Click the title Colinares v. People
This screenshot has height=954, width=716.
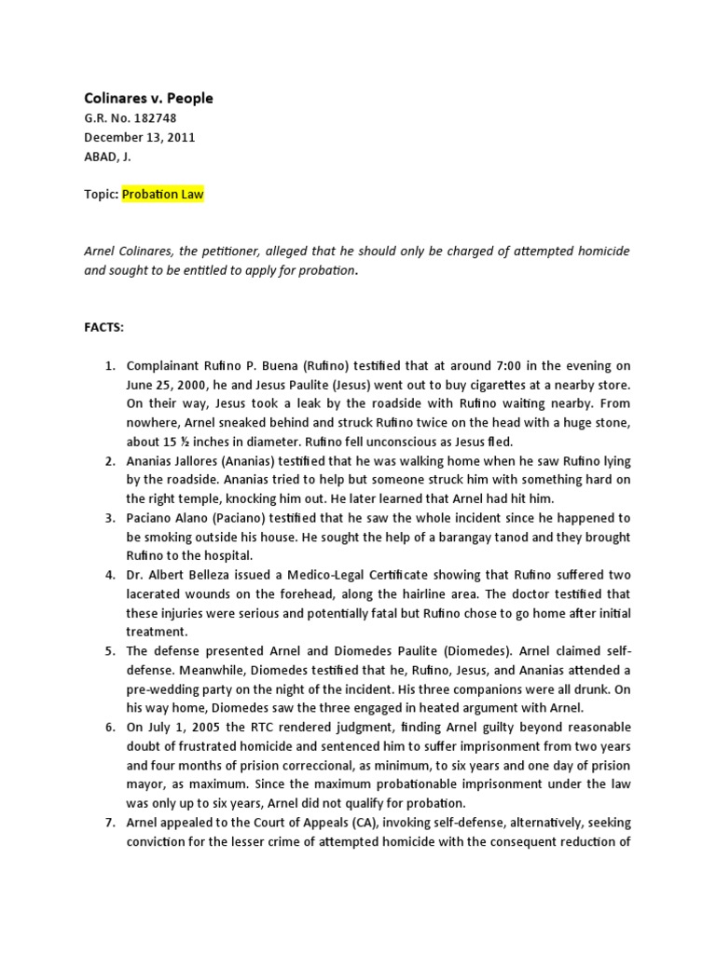[x=149, y=98]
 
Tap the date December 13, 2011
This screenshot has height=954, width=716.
[x=140, y=138]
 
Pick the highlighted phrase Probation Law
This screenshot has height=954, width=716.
[x=163, y=195]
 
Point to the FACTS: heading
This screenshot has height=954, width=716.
[x=104, y=329]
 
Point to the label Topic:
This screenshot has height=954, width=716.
[x=101, y=195]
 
